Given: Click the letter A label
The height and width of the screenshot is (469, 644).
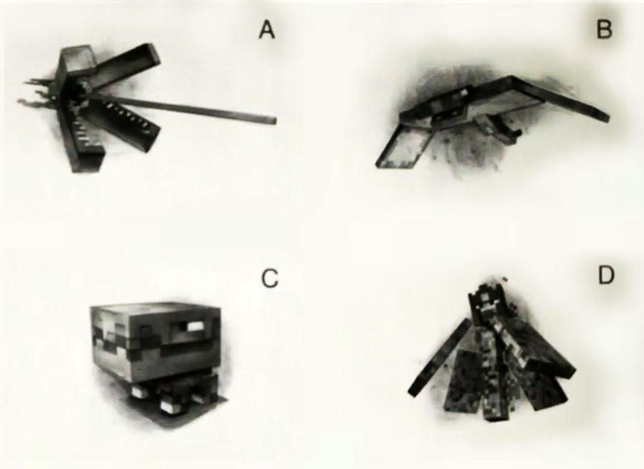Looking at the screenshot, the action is click(267, 30).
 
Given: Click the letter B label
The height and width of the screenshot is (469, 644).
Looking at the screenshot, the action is click(604, 30).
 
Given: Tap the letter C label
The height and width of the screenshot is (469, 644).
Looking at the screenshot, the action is click(270, 279).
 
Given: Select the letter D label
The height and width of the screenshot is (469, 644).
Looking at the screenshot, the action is click(606, 275).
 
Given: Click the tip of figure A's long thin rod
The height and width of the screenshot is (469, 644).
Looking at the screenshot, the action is click(275, 120).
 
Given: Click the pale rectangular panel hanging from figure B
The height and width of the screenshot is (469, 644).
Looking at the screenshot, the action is click(404, 147).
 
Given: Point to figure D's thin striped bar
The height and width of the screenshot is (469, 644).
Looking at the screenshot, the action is click(440, 357).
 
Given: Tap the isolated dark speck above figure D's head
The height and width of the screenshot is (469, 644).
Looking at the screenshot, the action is click(505, 279).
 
